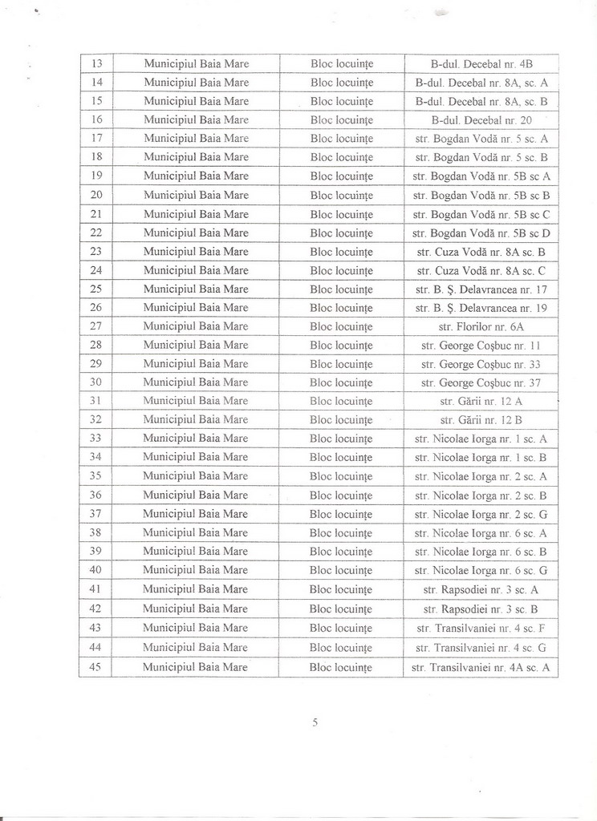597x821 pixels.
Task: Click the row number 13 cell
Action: [95, 63]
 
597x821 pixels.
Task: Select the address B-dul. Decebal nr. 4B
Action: [481, 63]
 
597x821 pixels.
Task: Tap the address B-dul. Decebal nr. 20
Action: [481, 119]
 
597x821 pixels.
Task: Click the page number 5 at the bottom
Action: [315, 722]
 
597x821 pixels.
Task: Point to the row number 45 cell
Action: [95, 667]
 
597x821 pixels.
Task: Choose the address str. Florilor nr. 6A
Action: [481, 326]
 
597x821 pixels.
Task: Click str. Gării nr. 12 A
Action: [481, 401]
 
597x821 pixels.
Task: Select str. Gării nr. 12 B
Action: [481, 419]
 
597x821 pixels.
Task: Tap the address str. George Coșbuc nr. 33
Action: [481, 364]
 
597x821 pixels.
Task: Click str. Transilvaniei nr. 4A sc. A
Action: [481, 667]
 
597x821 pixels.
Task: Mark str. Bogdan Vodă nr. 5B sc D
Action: [481, 233]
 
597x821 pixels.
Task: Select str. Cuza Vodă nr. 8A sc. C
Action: [481, 270]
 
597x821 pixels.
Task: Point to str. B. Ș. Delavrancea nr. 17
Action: [481, 289]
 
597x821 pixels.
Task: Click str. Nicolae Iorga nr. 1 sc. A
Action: [481, 439]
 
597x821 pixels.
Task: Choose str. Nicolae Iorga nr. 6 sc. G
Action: [481, 570]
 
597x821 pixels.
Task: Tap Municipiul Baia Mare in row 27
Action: [197, 326]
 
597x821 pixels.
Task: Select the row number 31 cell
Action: [95, 401]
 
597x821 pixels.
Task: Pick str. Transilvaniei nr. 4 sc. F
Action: [481, 628]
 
